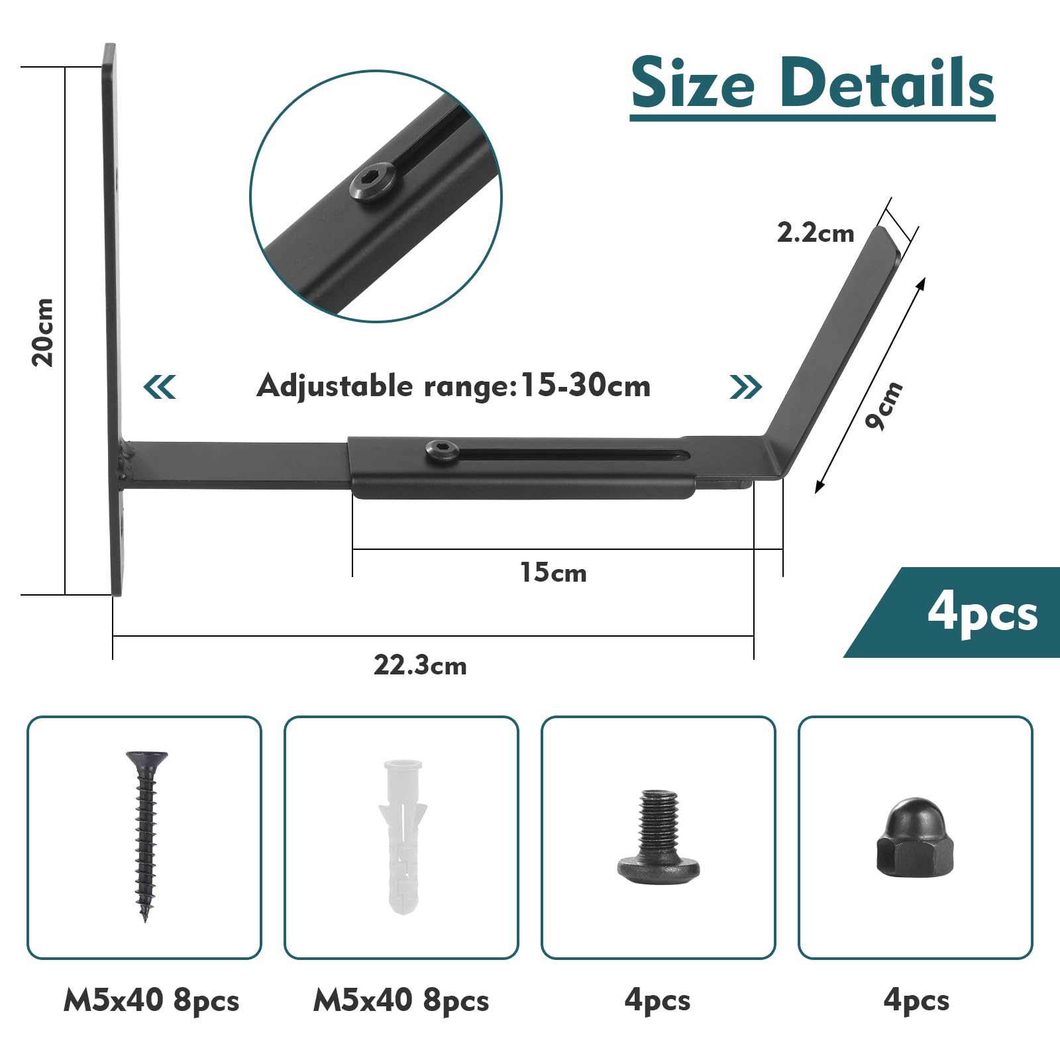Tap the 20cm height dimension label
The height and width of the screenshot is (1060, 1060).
44,332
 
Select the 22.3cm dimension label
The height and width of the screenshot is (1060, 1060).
420,665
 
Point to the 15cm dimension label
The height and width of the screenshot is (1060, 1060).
553,572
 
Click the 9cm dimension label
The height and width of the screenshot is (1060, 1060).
884,405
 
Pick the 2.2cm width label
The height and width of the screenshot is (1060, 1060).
816,233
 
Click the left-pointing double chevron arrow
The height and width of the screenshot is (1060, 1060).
160,386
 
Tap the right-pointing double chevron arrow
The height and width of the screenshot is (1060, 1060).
746,386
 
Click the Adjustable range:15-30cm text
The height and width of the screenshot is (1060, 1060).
453,386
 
